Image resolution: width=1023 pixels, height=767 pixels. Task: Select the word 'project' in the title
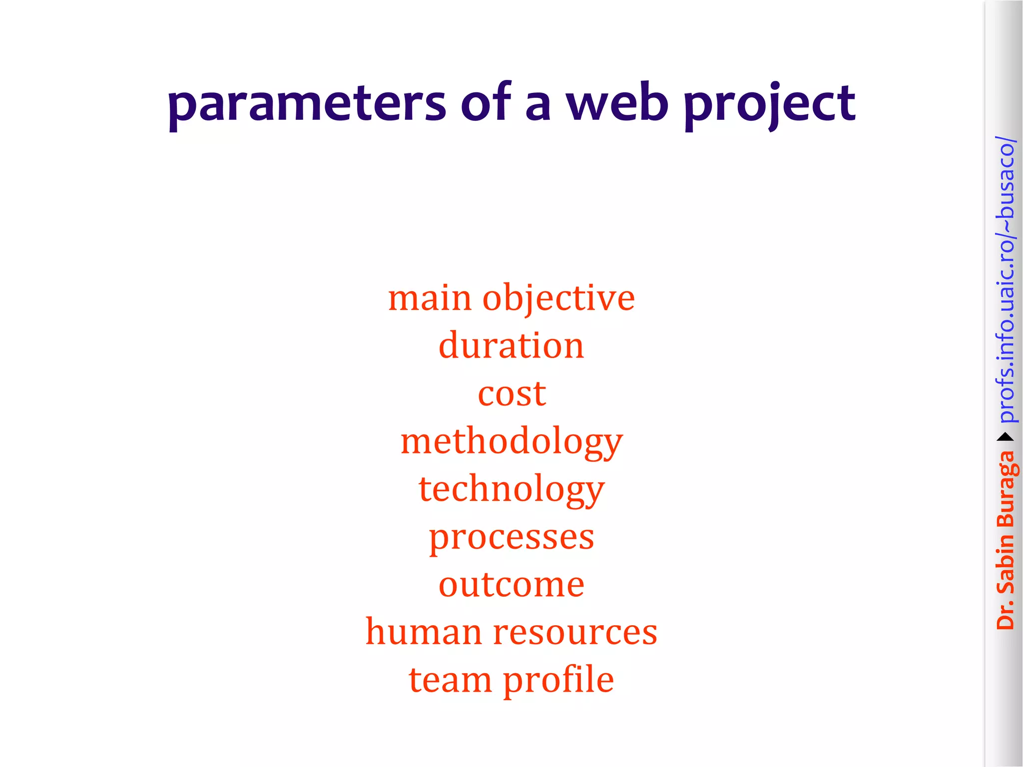point(770,104)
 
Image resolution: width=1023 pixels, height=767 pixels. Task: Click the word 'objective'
point(558,299)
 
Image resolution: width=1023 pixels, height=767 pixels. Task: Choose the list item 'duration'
point(511,346)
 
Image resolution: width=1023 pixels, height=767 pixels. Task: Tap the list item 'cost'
point(511,394)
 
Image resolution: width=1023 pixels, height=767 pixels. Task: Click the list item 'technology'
point(511,490)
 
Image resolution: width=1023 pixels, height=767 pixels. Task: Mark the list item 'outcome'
point(511,585)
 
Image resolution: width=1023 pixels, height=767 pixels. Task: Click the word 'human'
point(425,632)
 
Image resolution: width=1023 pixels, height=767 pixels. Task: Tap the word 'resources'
point(575,633)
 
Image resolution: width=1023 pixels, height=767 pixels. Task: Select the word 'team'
point(450,680)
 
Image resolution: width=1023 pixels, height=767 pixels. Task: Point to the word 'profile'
point(558,680)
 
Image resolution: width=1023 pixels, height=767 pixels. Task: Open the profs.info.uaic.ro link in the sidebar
point(1005,280)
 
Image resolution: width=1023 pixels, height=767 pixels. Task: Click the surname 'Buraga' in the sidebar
point(1005,489)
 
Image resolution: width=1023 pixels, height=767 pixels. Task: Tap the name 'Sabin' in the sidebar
point(1005,564)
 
